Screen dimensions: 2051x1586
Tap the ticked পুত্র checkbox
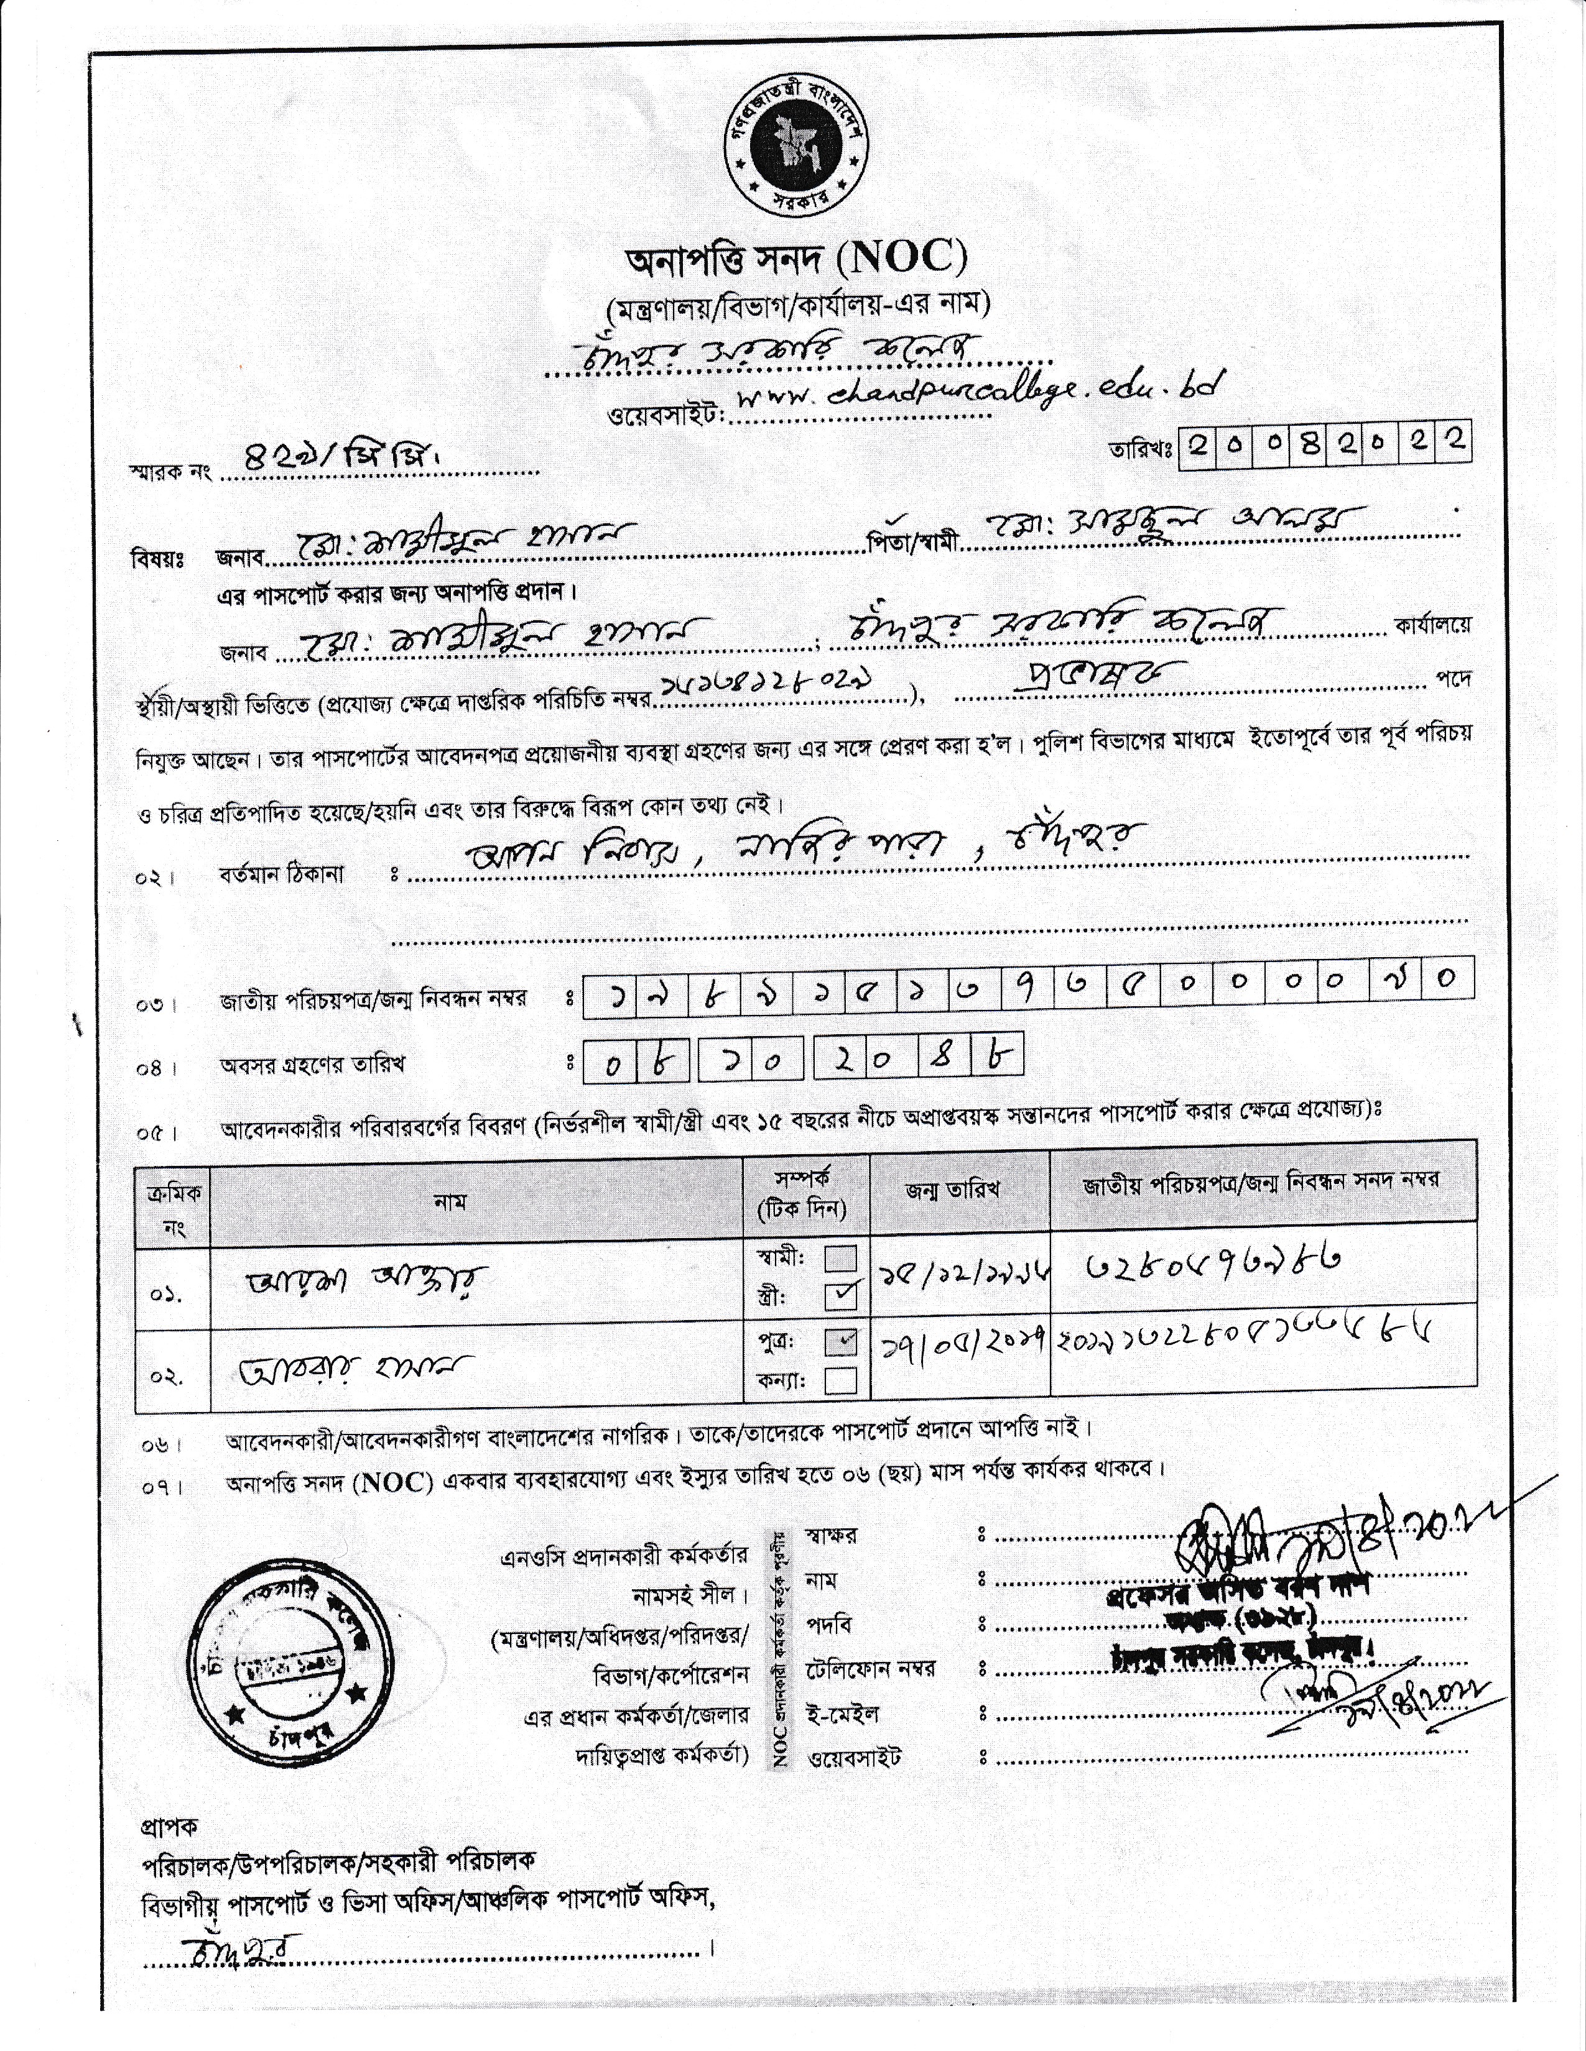(840, 1341)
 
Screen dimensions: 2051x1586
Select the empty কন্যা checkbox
(840, 1380)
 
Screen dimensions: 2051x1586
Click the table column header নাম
(451, 1201)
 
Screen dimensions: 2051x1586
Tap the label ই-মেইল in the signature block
(843, 1714)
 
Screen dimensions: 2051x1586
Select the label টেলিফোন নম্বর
(870, 1669)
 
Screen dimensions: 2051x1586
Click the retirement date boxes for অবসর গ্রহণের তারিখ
(804, 1058)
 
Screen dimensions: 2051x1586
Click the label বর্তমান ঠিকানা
(282, 873)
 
